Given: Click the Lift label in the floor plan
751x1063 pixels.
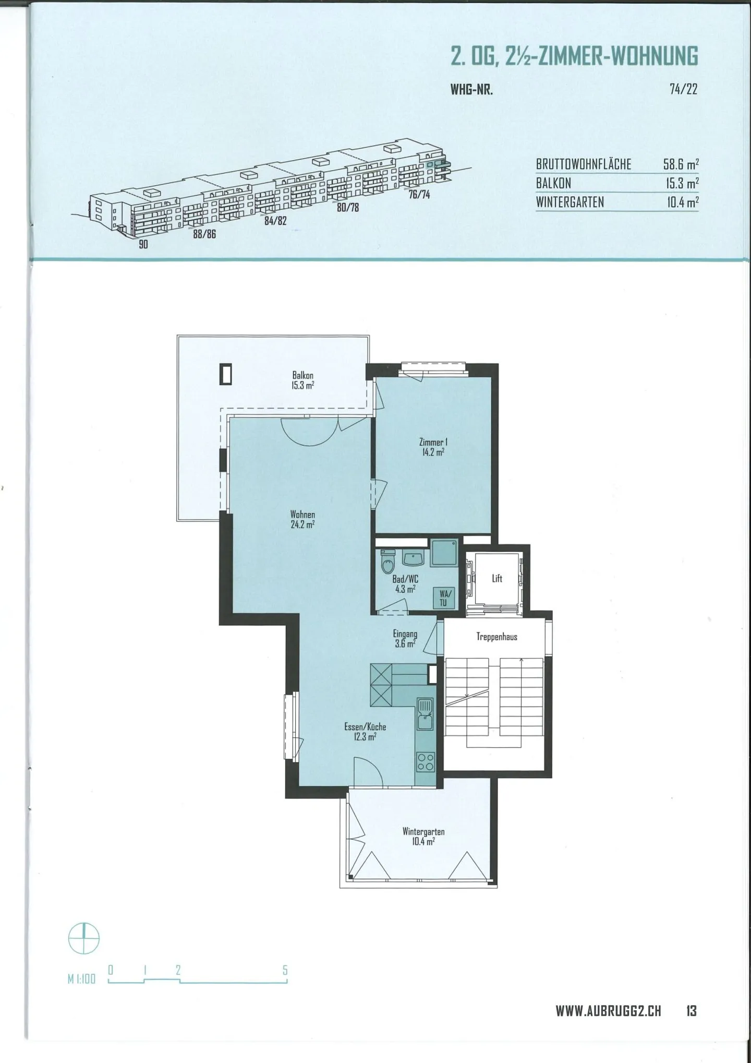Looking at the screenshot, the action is click(497, 578).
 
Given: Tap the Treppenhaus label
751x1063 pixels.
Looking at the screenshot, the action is click(496, 637).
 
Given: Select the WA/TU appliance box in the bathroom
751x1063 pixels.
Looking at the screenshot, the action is click(443, 598).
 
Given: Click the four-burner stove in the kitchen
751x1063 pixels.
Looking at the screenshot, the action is click(426, 761).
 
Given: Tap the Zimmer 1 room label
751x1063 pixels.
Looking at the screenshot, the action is click(433, 447).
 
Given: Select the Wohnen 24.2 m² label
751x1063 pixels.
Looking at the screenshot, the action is click(302, 520).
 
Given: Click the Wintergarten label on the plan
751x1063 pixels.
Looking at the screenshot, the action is click(423, 837).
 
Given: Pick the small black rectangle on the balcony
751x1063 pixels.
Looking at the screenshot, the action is click(226, 374).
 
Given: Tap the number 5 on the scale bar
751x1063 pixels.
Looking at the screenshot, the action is click(285, 970).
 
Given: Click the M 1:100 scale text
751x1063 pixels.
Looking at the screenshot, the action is click(82, 979).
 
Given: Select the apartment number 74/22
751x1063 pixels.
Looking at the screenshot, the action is click(683, 89).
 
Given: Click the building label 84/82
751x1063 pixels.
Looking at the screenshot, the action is click(275, 220).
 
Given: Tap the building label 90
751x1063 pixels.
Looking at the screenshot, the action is click(143, 244).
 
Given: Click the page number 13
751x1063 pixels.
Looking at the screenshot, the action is click(691, 1011).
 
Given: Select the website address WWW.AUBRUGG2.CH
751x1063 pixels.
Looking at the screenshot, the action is click(608, 1011).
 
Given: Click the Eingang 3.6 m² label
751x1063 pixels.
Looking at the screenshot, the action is click(405, 639).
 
